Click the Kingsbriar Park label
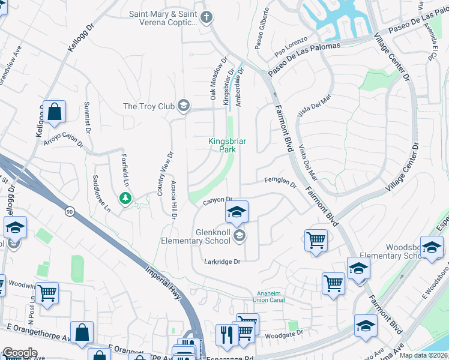pos(228,145)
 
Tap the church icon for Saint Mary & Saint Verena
pos(206,17)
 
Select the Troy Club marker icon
pos(183,106)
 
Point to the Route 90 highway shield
pos(70,212)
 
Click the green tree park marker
pos(125,197)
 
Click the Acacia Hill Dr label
pos(173,200)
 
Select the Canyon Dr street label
pos(217,200)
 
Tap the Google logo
pos(19,353)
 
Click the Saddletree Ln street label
pos(101,195)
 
